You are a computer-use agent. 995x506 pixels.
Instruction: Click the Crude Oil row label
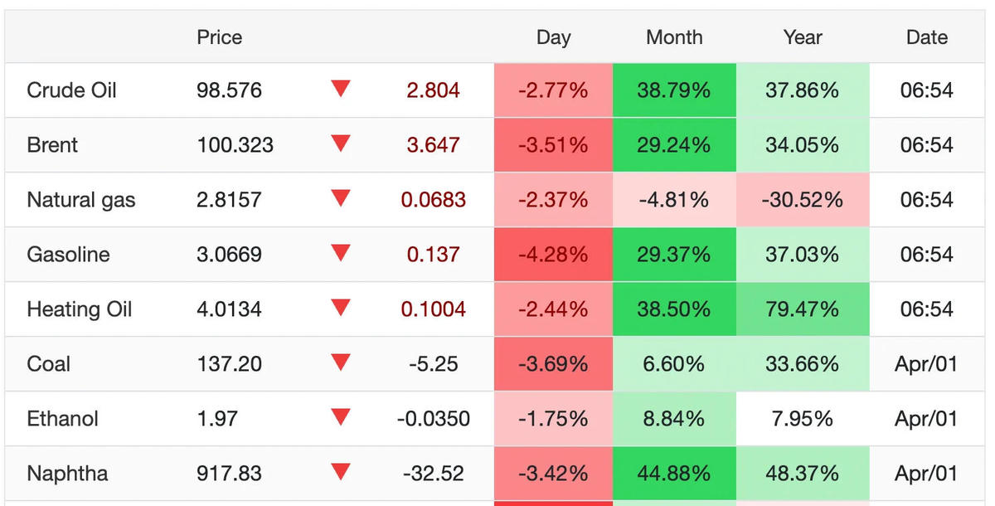pos(71,90)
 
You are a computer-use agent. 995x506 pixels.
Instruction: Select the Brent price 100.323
pos(235,145)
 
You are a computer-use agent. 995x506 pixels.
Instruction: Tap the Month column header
pos(673,37)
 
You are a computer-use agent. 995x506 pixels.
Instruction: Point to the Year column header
pos(802,37)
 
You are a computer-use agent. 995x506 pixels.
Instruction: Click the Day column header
pos(553,37)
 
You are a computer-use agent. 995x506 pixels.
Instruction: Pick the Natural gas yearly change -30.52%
pos(802,200)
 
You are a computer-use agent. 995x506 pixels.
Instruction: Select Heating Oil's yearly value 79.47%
pos(802,309)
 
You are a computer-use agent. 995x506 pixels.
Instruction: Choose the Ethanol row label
pos(62,419)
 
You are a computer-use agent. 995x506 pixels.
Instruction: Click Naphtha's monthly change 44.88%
pos(673,474)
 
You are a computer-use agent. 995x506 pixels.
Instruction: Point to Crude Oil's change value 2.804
pos(433,90)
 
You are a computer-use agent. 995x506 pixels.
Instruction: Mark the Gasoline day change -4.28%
pos(553,255)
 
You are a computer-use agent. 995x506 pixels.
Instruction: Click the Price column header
pos(220,37)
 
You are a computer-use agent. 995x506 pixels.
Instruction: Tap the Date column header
pos(926,37)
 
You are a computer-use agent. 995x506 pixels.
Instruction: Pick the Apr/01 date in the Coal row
pos(926,364)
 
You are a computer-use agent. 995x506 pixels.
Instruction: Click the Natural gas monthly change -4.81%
pos(673,200)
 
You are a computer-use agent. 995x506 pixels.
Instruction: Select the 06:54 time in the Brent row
pos(926,145)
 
